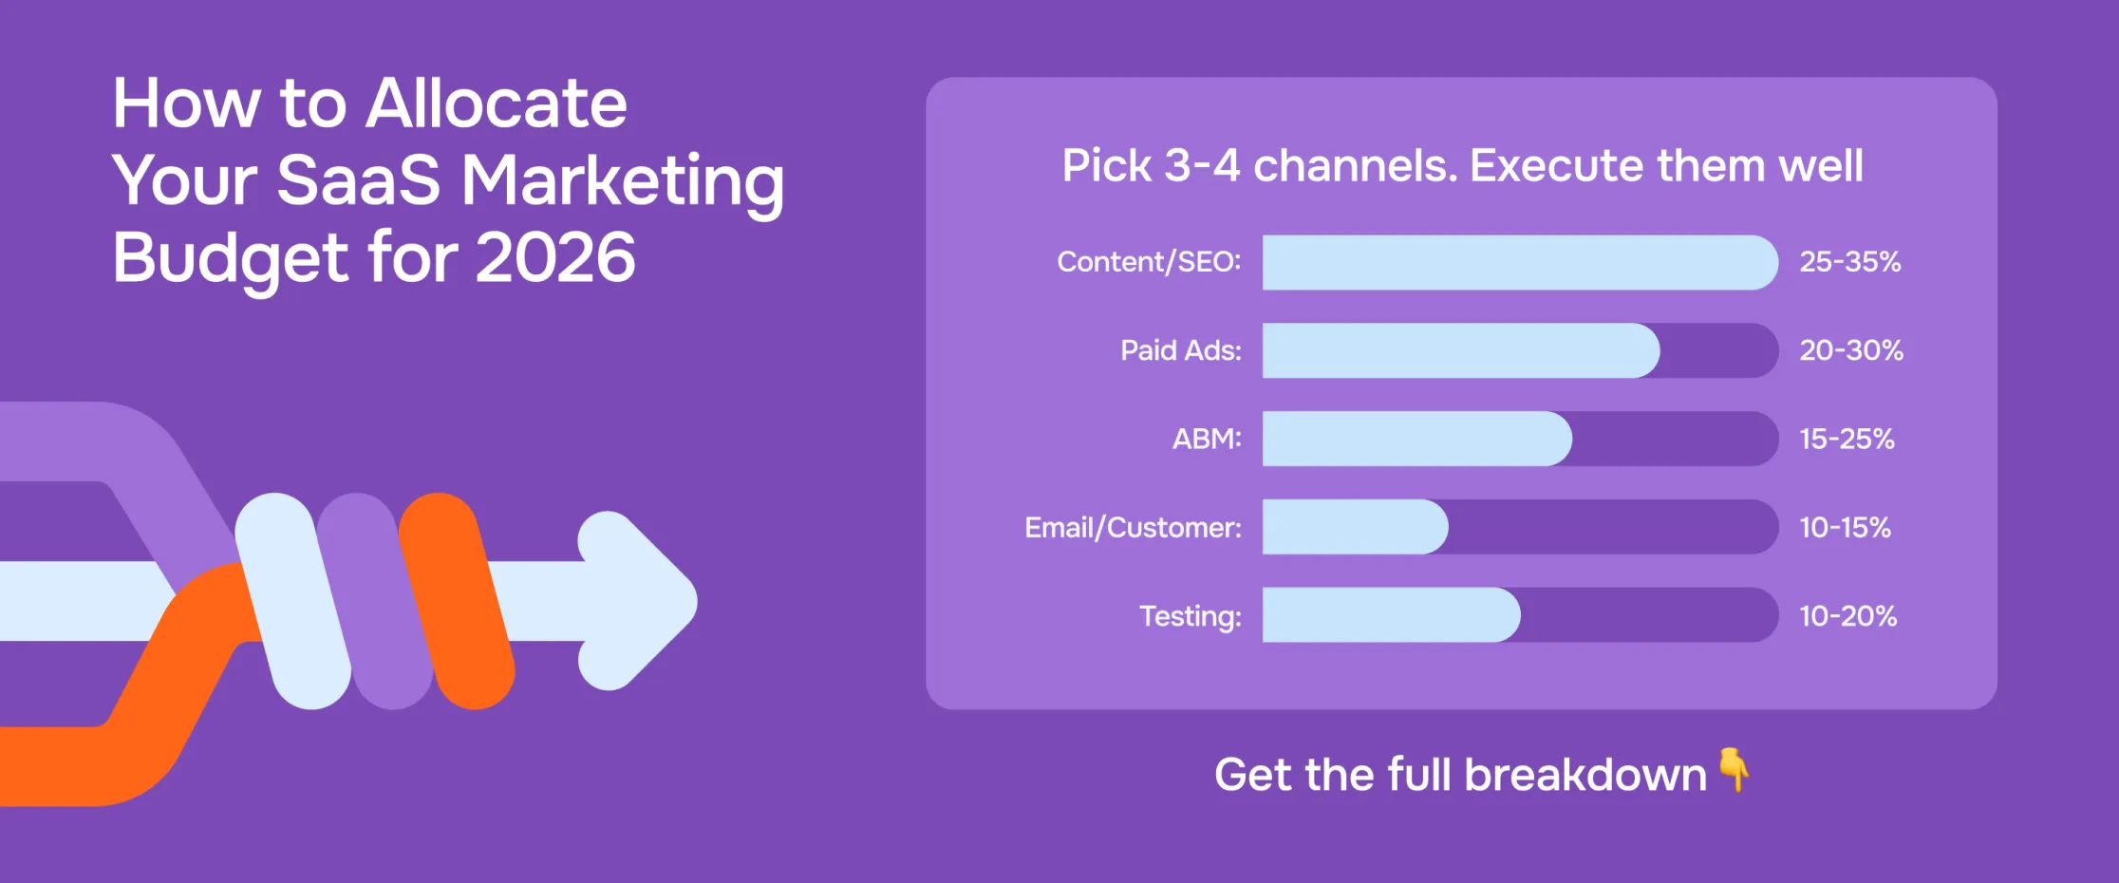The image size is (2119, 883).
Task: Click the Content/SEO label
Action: coord(1149,262)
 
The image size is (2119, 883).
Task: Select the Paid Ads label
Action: coord(1180,350)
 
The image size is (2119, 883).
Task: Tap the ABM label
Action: coord(1207,439)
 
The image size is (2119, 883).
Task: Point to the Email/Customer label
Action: coord(1133,527)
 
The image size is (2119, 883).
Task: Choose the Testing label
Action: coord(1191,616)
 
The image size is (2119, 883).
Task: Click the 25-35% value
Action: coord(1850,262)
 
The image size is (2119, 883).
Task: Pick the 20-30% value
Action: coord(1851,350)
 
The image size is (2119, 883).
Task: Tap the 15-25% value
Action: coord(1847,439)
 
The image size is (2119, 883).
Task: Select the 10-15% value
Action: coord(1845,527)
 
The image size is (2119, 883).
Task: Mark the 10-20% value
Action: coord(1847,616)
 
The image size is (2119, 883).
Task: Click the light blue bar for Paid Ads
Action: coord(1460,350)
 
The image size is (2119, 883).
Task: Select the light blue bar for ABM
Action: coord(1416,439)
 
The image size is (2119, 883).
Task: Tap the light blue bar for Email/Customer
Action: coord(1355,527)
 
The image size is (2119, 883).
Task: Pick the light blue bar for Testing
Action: coord(1391,615)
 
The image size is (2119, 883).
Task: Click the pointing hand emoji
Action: coord(1734,769)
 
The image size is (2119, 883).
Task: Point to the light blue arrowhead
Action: coord(638,600)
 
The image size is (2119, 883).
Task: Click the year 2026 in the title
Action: coord(555,257)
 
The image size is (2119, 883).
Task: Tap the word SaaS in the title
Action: coord(359,179)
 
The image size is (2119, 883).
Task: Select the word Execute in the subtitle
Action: coord(1556,166)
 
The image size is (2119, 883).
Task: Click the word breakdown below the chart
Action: coord(1585,775)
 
